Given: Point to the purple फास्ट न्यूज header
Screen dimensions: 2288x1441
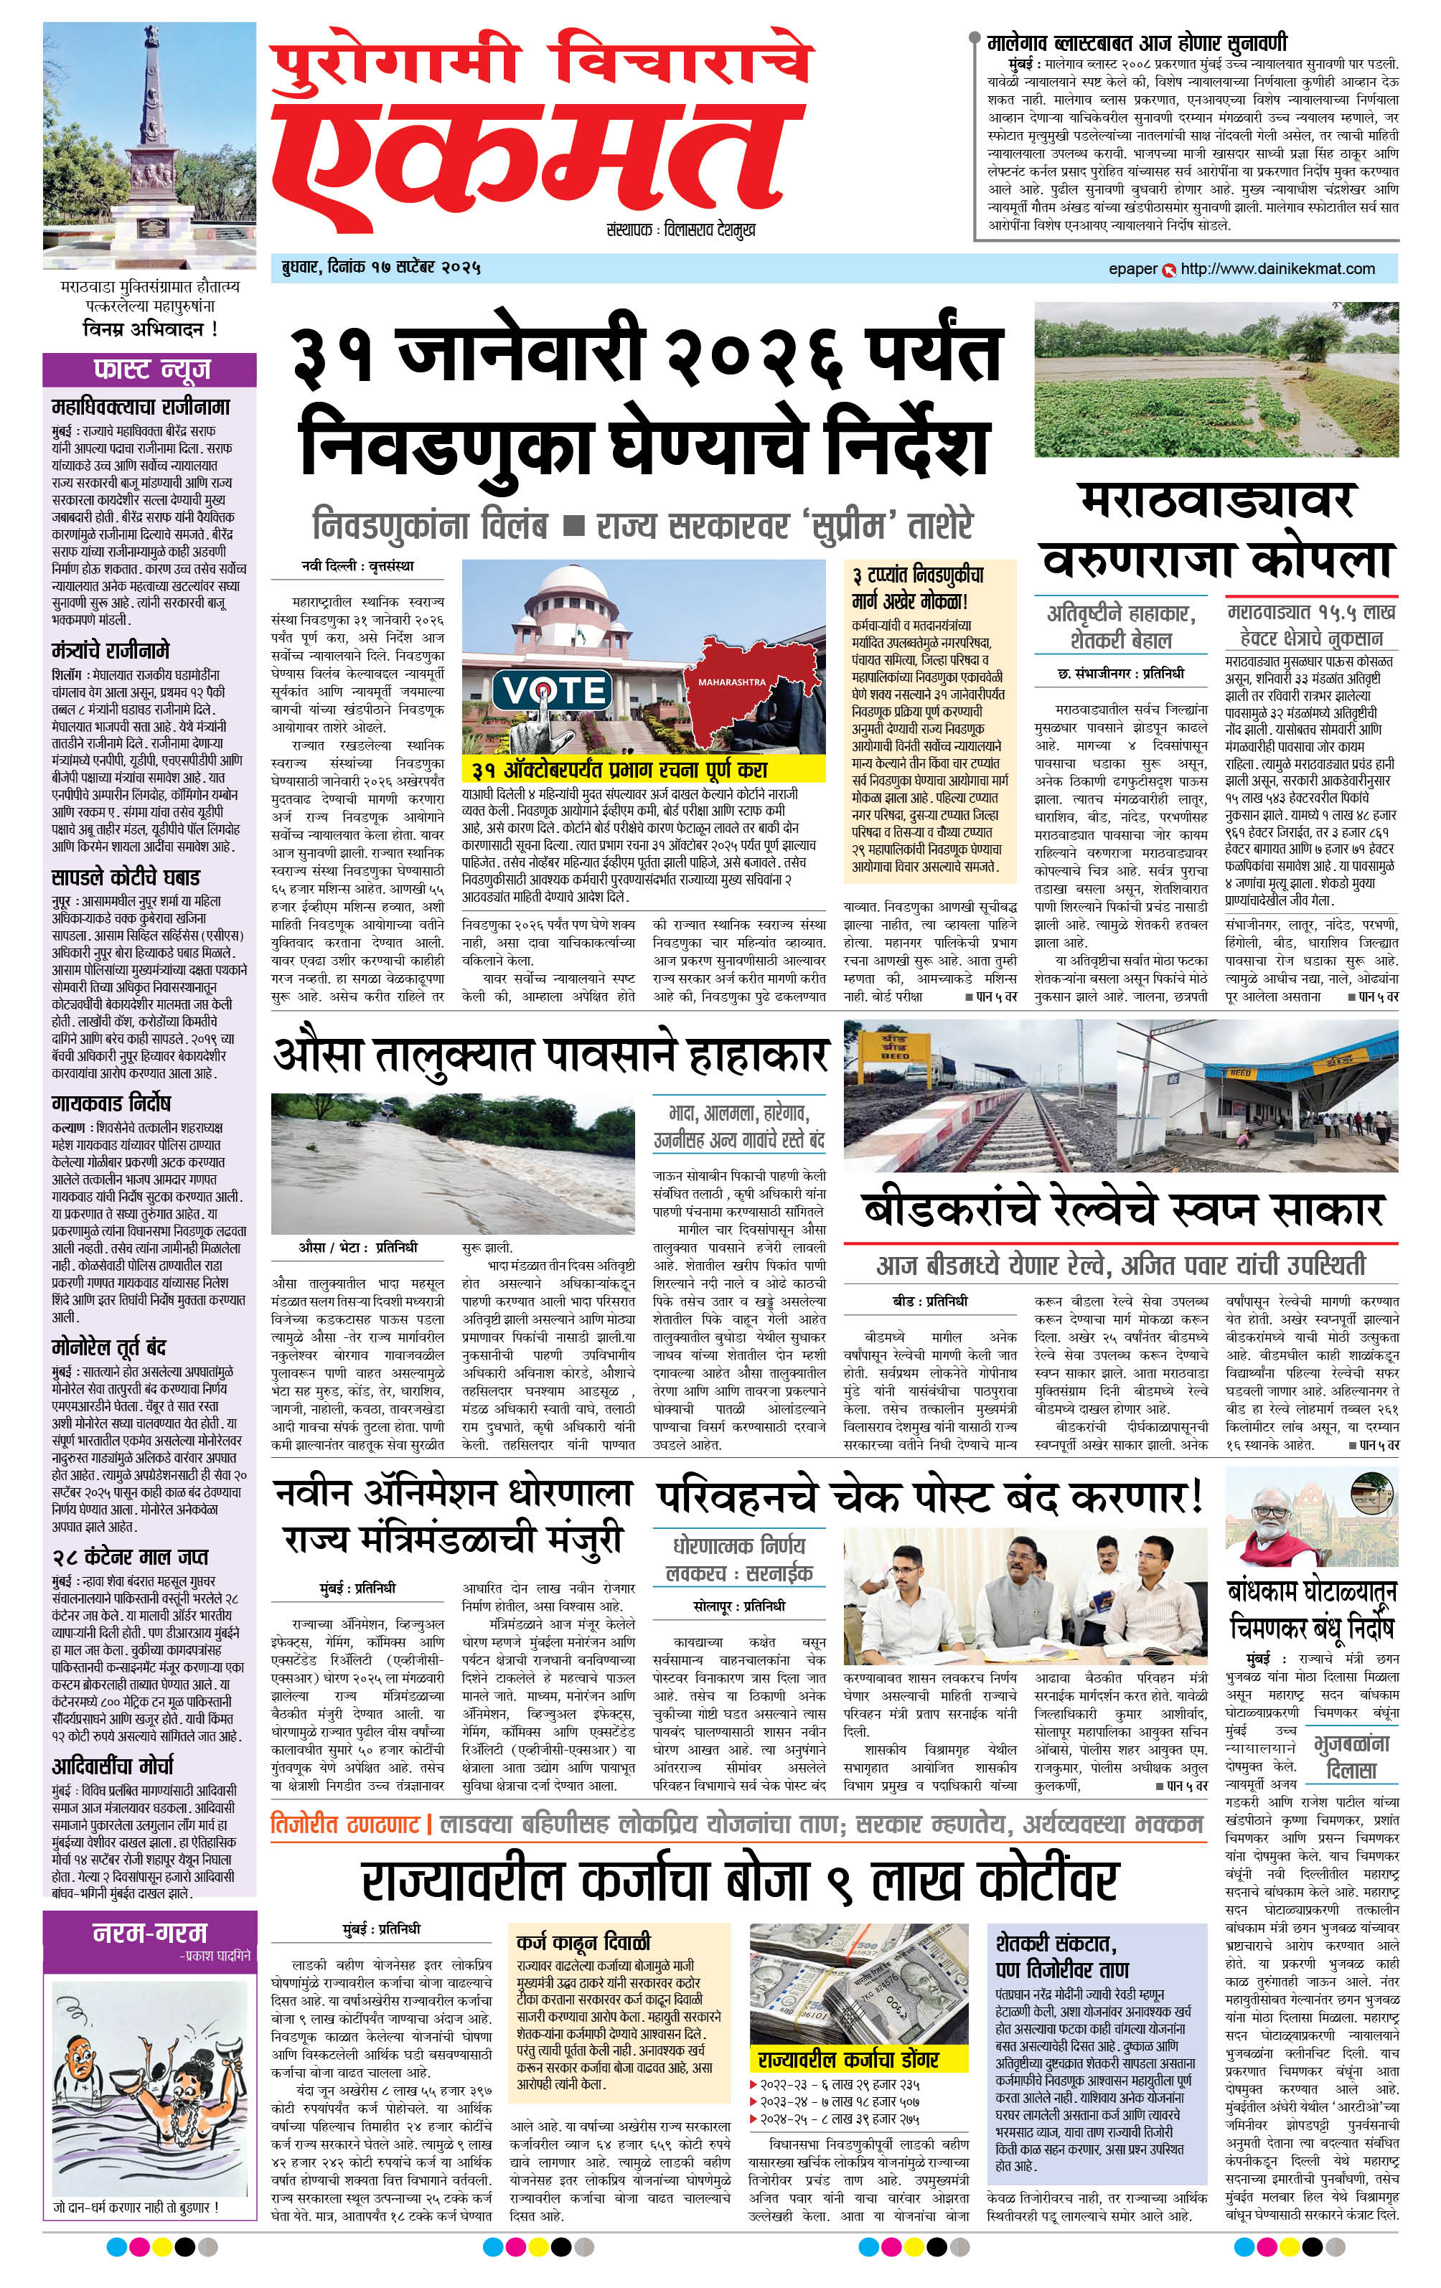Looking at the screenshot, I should point(150,369).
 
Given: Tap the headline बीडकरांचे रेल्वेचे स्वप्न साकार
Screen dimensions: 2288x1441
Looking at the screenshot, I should point(1122,1210).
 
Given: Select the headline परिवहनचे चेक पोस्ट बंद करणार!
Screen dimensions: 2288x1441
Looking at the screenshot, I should point(929,1497).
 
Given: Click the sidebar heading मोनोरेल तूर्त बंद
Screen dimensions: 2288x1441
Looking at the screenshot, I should point(108,1347).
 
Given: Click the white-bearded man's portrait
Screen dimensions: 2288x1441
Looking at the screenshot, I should point(1272,1523).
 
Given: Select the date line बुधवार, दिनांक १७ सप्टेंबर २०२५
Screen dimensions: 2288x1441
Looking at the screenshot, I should point(375,267).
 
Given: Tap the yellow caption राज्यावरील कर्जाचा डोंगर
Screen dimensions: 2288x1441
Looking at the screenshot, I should point(848,2058).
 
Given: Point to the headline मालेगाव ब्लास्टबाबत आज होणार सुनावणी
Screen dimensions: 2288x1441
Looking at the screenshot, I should point(1137,43).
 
